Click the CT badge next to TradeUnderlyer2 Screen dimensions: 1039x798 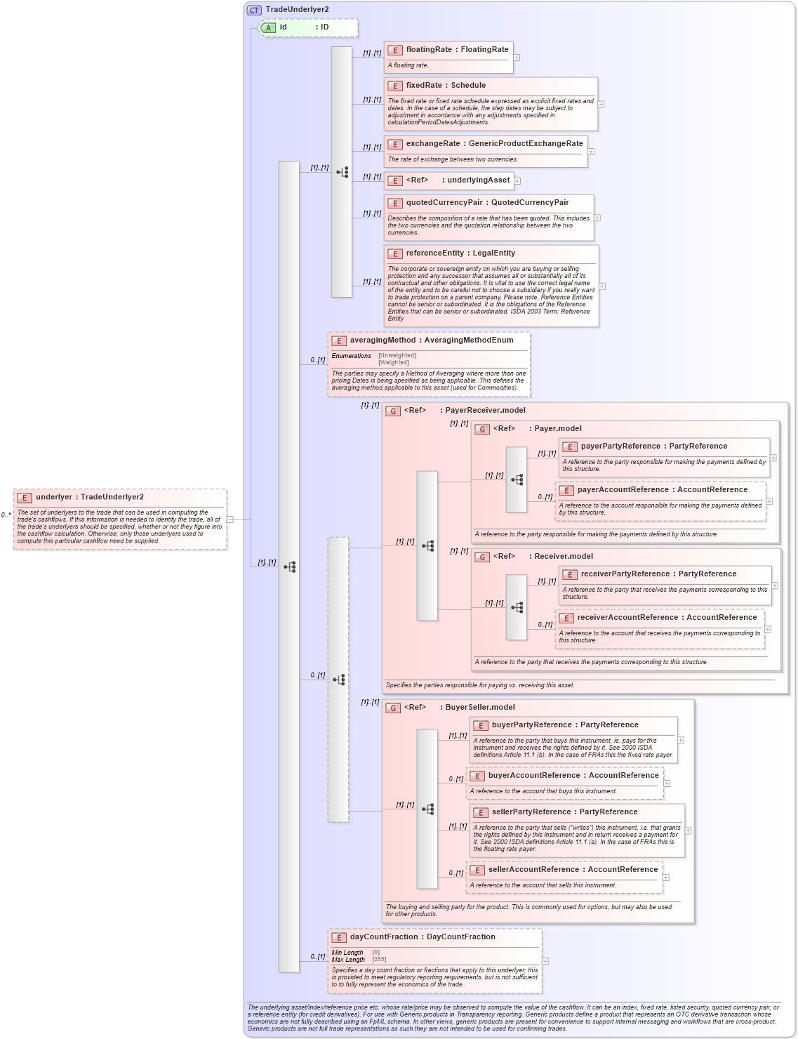[254, 10]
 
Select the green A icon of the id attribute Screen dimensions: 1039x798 [268, 27]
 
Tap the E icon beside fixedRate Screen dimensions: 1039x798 [395, 86]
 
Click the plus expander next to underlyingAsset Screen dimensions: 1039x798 [517, 181]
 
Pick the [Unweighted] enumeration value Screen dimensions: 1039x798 [397, 355]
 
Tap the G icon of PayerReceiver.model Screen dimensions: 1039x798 [393, 411]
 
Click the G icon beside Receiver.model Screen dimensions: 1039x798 [482, 557]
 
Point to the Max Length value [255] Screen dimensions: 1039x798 [379, 960]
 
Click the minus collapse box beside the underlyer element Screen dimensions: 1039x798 [230, 519]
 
